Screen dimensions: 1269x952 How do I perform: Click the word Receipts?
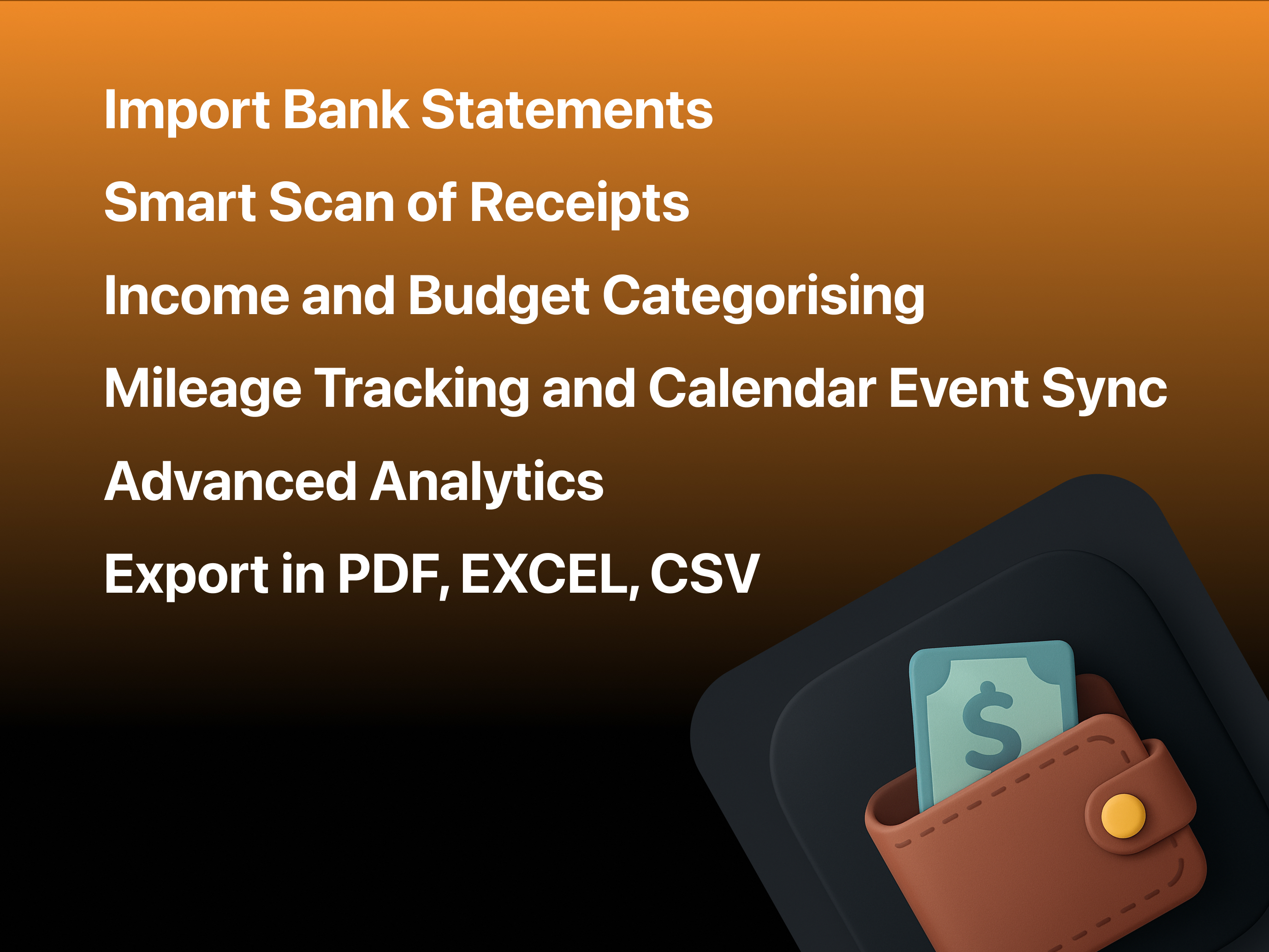coord(580,204)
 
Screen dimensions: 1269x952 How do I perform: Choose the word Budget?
coord(498,297)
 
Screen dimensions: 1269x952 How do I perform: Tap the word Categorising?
coord(764,297)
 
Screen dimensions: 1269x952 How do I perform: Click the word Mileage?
coord(203,391)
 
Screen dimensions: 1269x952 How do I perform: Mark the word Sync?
coord(1104,391)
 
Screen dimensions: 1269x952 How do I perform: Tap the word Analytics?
coord(487,484)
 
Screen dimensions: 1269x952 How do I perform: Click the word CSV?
coord(705,573)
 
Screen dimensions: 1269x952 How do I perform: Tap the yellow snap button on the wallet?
coord(1123,815)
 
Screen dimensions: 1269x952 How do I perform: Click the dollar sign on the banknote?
coord(991,726)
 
